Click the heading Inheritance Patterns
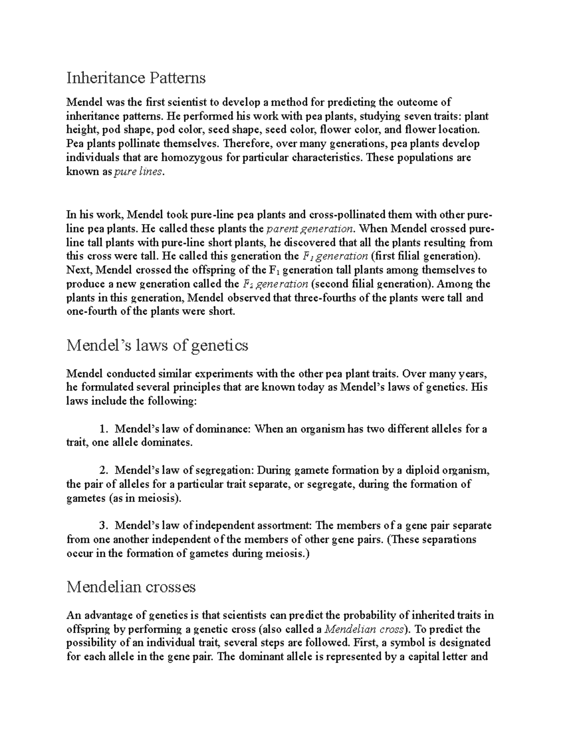(136, 77)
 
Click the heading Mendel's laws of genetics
(157, 345)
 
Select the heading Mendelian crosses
(131, 587)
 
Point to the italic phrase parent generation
(309, 229)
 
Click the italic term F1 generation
(333, 256)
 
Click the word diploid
(415, 470)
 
